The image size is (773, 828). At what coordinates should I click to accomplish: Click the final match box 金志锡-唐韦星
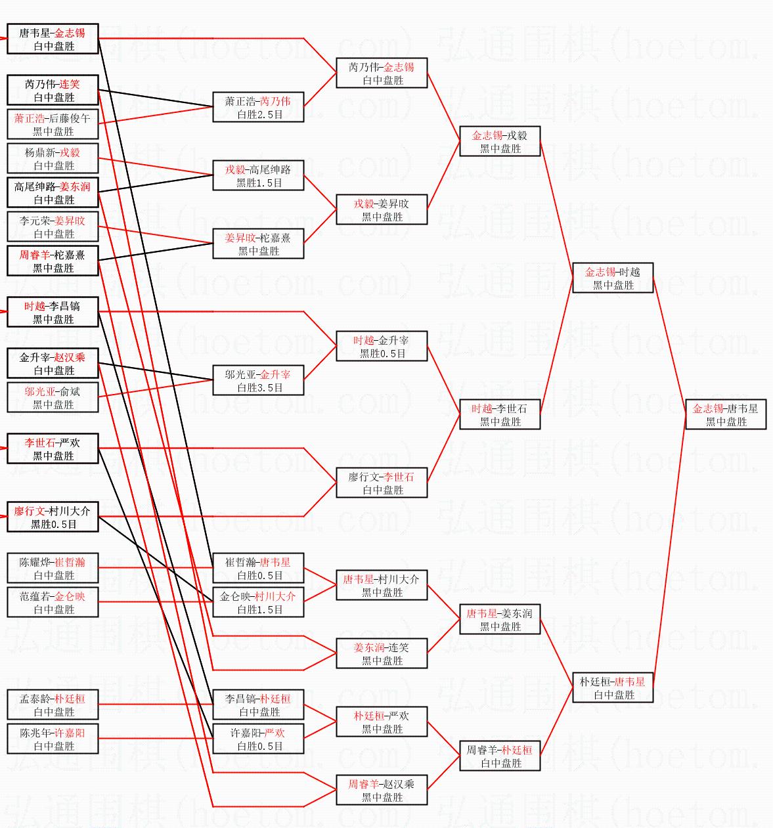click(726, 414)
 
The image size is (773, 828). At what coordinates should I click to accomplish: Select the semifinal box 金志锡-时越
click(613, 278)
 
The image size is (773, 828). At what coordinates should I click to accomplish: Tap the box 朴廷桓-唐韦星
click(613, 687)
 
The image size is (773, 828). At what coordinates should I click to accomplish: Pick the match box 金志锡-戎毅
click(500, 141)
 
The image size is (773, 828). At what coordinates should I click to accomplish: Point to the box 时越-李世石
click(500, 414)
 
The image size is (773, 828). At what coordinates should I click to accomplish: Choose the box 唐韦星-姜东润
click(500, 619)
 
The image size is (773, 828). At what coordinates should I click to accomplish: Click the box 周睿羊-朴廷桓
click(500, 756)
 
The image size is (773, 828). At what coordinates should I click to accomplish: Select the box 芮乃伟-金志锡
click(382, 73)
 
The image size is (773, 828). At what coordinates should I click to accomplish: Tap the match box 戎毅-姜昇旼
click(382, 209)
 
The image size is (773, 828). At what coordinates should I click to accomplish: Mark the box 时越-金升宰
click(382, 346)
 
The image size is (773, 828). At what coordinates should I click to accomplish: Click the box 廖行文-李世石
click(382, 483)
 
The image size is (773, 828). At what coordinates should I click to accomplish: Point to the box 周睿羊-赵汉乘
click(382, 790)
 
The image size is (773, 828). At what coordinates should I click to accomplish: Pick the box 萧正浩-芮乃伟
click(258, 107)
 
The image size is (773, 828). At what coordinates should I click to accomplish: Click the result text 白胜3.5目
click(260, 387)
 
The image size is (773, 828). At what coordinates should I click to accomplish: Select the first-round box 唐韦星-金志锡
click(53, 39)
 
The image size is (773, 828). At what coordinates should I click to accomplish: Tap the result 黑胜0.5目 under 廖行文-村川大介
click(53, 524)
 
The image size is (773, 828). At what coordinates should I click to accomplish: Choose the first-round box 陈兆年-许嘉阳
click(53, 738)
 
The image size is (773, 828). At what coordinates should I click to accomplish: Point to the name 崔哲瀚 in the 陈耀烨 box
click(70, 562)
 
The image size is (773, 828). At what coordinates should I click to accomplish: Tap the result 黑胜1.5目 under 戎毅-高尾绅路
click(259, 183)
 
